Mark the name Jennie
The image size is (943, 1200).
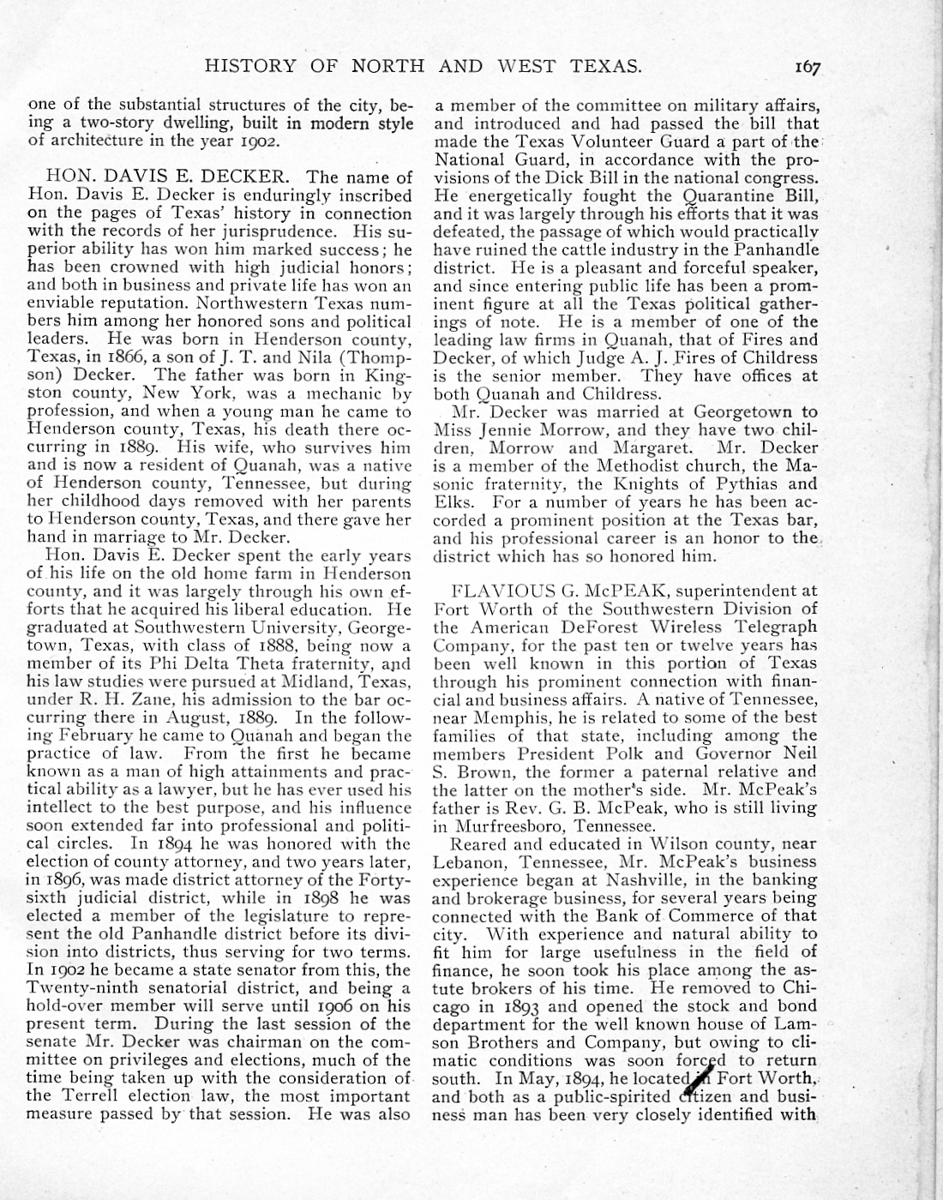[498, 429]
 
